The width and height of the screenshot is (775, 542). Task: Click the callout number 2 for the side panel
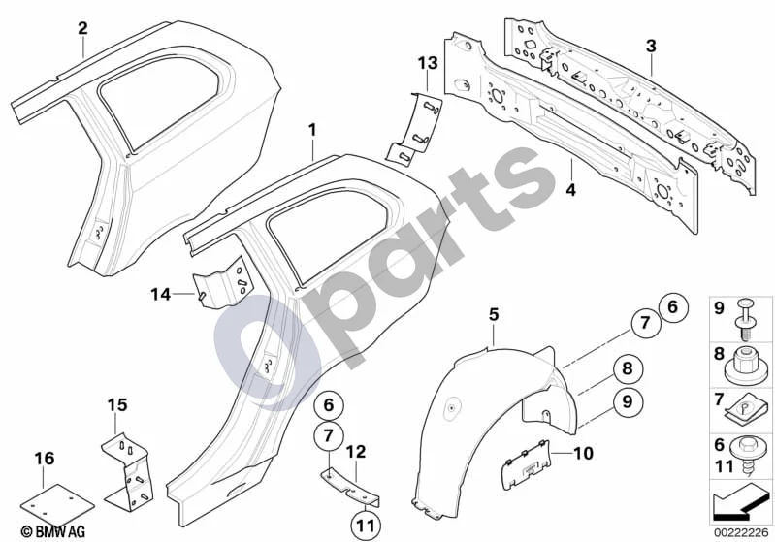(x=82, y=28)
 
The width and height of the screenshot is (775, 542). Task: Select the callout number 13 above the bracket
(x=428, y=63)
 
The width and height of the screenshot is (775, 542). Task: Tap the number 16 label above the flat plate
(x=44, y=459)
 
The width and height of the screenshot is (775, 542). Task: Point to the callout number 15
(x=117, y=405)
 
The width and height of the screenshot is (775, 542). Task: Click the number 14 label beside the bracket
(x=161, y=295)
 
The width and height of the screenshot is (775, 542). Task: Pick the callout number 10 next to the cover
(x=583, y=453)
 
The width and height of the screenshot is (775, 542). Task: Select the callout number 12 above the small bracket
(x=356, y=452)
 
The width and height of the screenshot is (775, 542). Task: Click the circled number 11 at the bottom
(x=366, y=526)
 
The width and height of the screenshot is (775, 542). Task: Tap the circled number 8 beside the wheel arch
(x=627, y=368)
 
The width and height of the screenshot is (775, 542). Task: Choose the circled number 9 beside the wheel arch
(x=627, y=401)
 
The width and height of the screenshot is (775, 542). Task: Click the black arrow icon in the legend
(x=740, y=502)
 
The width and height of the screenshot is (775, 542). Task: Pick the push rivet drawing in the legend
(x=745, y=319)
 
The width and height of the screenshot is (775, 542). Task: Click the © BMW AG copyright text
(x=53, y=531)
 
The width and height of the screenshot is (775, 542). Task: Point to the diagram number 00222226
(x=741, y=532)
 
